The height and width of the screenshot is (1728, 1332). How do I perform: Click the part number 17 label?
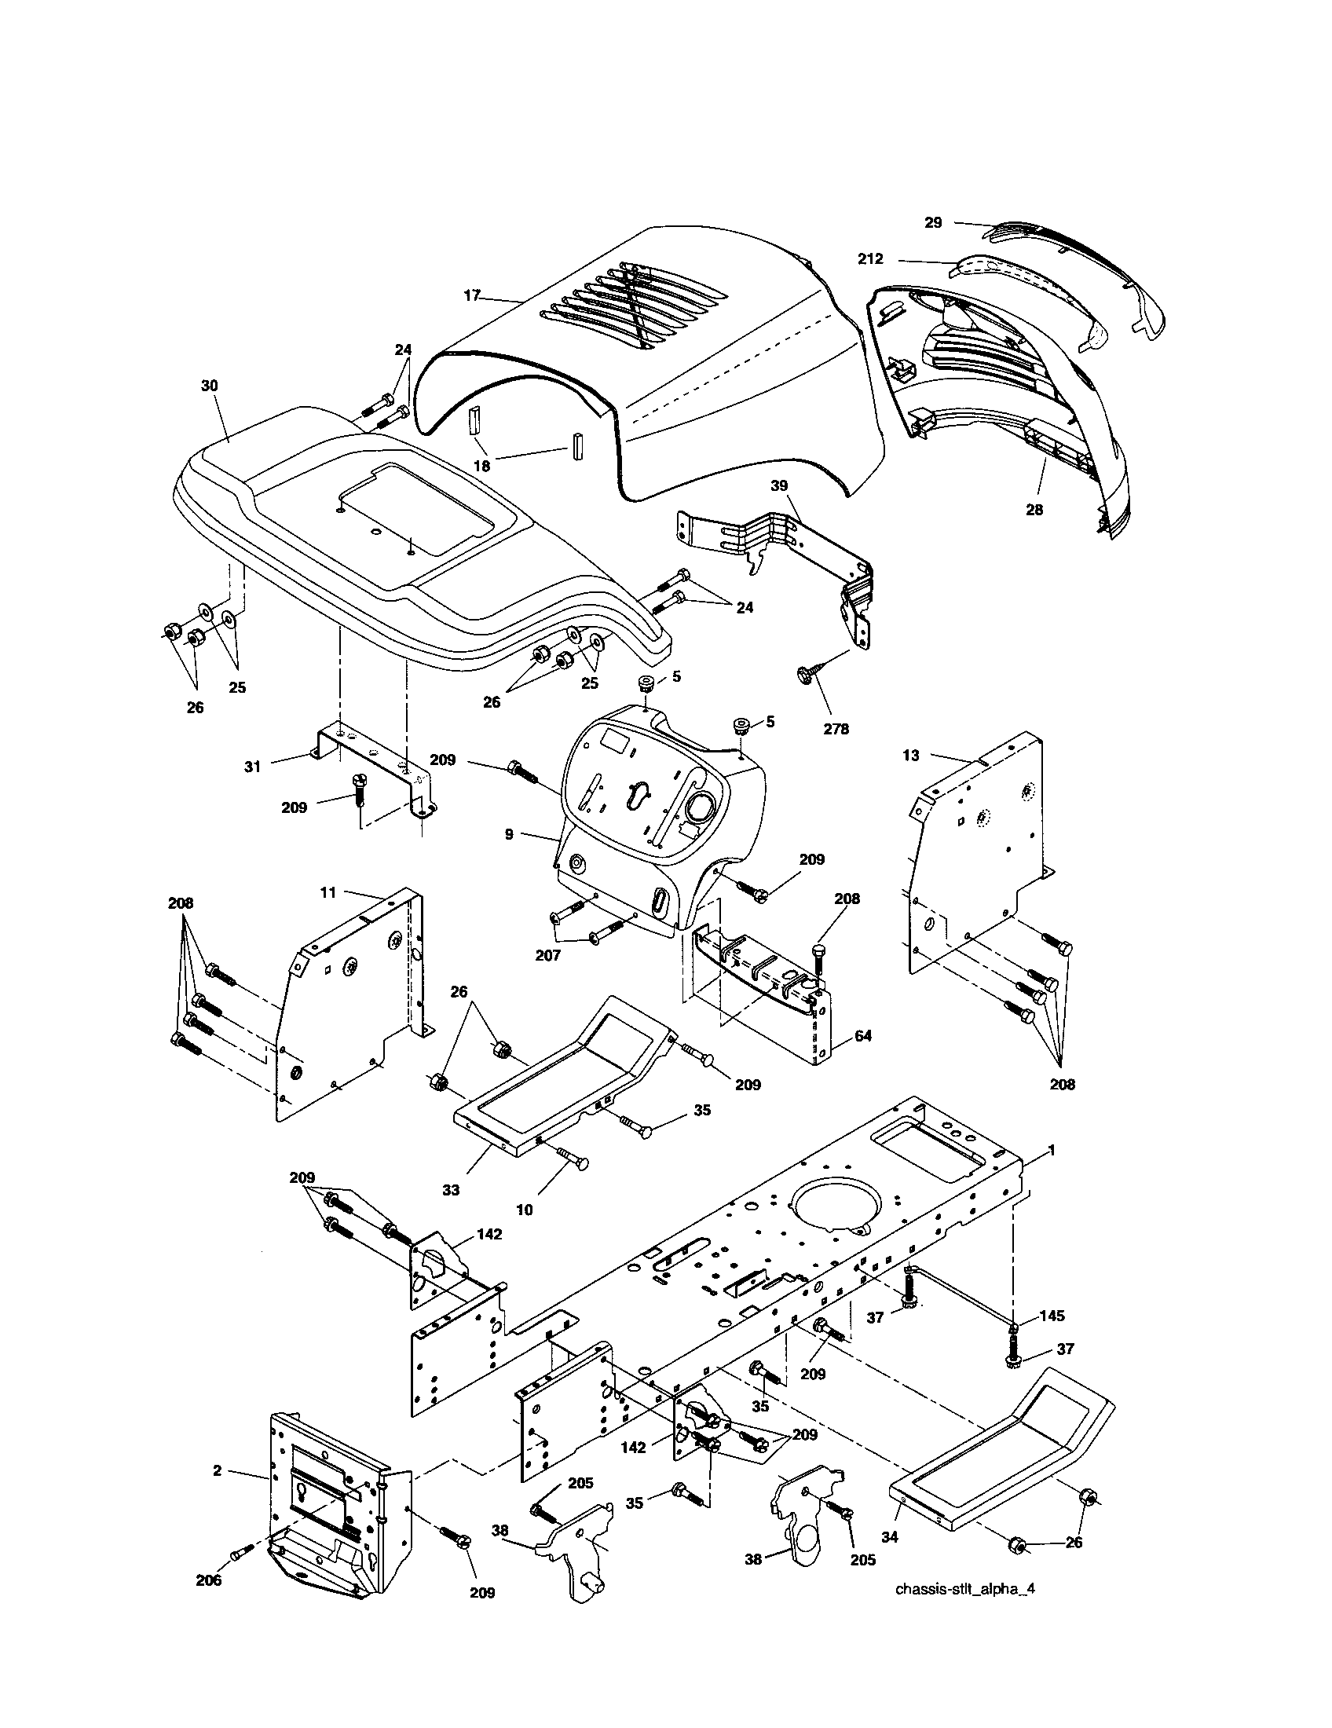click(472, 296)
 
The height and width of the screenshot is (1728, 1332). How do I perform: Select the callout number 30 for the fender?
click(210, 386)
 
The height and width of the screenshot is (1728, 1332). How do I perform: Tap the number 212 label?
click(869, 258)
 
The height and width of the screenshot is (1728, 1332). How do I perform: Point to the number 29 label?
click(933, 223)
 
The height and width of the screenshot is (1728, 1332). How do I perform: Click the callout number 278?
click(836, 729)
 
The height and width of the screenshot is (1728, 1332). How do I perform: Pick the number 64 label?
click(862, 1035)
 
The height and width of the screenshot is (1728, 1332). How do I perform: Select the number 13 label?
click(911, 756)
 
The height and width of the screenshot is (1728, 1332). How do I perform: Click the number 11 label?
click(328, 892)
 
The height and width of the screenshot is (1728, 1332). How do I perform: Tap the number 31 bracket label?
click(252, 767)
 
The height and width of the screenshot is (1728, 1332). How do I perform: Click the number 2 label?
click(218, 1470)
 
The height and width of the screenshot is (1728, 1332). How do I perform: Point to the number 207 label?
click(548, 955)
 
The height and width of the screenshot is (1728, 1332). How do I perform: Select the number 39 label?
click(780, 485)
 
